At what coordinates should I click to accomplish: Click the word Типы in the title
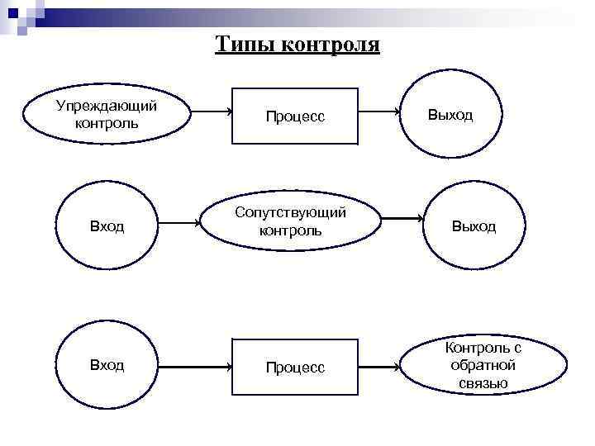pos(245,44)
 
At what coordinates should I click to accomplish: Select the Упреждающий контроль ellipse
pos(106,115)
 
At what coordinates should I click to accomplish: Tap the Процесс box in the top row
pos(295,116)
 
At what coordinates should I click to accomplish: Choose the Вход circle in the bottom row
pos(107,365)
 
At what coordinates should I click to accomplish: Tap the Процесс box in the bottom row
pos(295,367)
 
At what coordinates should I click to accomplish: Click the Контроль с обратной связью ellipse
pos(483,365)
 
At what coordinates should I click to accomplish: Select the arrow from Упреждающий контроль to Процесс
pos(211,112)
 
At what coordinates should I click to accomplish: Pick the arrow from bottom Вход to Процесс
pos(195,364)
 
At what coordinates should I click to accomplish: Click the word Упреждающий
pos(107,106)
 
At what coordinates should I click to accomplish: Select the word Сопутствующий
pos(290,212)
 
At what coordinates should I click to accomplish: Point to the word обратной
pos(483,365)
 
